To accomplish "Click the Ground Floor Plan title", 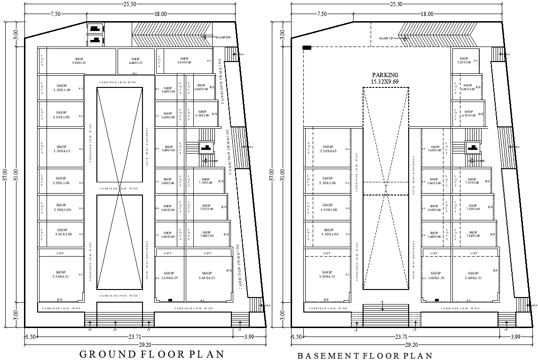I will pyautogui.click(x=151, y=354).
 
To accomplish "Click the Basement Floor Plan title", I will pyautogui.click(x=364, y=356).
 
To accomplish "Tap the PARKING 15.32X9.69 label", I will pyautogui.click(x=385, y=78).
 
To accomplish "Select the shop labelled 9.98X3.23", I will pyautogui.click(x=79, y=61).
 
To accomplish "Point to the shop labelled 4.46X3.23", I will pyautogui.click(x=135, y=61).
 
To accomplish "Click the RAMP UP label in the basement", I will pyautogui.click(x=386, y=38).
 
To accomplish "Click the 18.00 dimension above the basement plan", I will pyautogui.click(x=427, y=14).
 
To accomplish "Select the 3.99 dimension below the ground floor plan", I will pyautogui.click(x=249, y=337).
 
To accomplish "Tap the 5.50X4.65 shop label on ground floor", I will pyautogui.click(x=61, y=149).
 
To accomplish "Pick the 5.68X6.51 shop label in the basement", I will pyautogui.click(x=473, y=275).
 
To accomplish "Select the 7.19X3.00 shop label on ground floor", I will pyautogui.click(x=206, y=181).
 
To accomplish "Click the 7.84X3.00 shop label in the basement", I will pyautogui.click(x=473, y=235).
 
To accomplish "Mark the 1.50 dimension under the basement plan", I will pyautogui.click(x=297, y=337).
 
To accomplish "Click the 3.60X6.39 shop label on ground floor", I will pyautogui.click(x=169, y=275).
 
